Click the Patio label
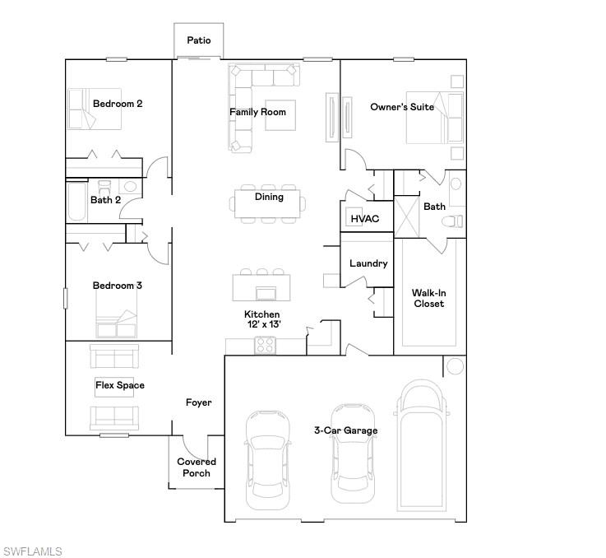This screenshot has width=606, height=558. pos(198,40)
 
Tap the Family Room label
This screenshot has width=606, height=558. pos(257,112)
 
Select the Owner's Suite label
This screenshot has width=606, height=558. pos(401,107)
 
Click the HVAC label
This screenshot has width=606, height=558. pos(364,219)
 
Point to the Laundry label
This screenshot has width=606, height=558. pos(368,263)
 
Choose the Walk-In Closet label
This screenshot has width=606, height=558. pos(428,298)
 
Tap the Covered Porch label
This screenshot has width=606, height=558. pos(197,467)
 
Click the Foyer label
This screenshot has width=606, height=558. pos(198,402)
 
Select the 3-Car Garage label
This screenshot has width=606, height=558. pos(345,430)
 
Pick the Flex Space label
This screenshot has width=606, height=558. pos(119,385)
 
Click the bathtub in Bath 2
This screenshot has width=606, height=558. pos(76,202)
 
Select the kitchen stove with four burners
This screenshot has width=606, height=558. pos(265,346)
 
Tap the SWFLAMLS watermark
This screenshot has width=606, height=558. pos(32,551)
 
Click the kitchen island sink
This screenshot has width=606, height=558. pos(267,293)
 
